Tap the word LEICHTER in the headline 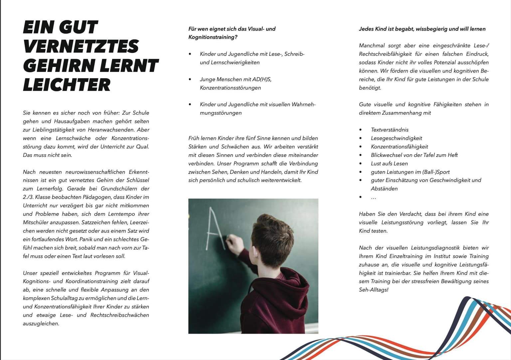pos(67,85)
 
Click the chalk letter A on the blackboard pos(213,229)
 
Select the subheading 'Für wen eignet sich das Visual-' pos(232,29)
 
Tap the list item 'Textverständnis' pos(390,130)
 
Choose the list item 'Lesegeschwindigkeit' pos(396,138)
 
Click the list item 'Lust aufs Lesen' pos(389,164)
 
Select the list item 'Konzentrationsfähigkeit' pos(399,147)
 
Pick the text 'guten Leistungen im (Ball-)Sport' pos(410,172)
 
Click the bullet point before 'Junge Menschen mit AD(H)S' pos(190,79)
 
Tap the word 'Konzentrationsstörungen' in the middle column pos(230,88)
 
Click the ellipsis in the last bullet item pos(373,198)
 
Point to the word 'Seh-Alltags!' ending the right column pos(374,290)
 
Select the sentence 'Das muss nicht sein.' pos(47,155)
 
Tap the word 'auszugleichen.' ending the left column pos(41,324)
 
